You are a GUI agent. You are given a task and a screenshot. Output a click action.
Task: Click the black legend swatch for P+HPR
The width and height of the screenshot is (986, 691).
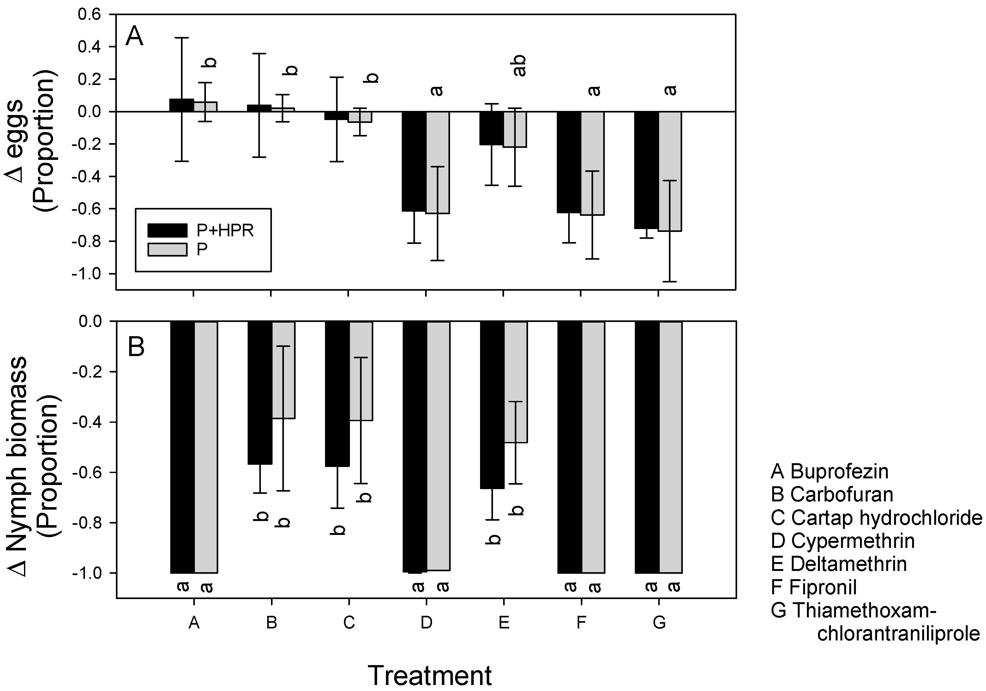point(167,230)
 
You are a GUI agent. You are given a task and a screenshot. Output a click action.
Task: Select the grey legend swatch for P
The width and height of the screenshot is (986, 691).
point(167,250)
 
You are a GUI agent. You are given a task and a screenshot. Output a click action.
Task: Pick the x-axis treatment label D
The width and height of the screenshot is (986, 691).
point(426,622)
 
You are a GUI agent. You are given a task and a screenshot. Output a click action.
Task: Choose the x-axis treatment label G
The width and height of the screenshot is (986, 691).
point(659,622)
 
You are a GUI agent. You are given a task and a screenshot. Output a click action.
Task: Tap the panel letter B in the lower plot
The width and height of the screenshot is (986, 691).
point(136,347)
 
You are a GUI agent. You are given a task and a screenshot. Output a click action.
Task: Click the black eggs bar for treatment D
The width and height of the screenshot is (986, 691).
point(414,161)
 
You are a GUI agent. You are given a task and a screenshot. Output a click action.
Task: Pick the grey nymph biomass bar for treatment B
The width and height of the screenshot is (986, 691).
point(283,370)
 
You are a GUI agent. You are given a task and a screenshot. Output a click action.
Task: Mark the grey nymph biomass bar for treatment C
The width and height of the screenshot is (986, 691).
point(361,371)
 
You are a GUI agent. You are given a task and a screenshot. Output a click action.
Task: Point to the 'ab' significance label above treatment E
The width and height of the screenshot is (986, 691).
point(519,66)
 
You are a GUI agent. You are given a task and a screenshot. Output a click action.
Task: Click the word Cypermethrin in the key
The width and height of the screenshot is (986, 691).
point(852,541)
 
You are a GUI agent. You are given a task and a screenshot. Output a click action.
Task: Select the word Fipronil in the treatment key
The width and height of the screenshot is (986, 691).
point(824,587)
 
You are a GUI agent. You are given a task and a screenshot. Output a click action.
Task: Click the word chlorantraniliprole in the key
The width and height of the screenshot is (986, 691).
point(899,634)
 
